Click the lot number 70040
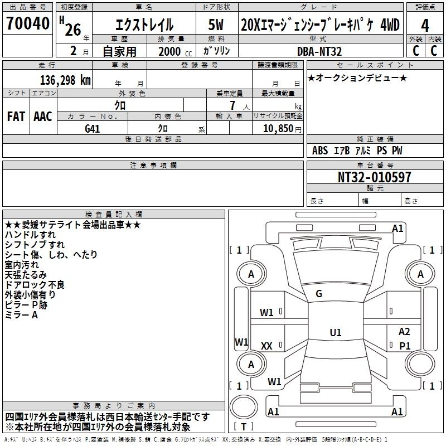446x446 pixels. click(27, 23)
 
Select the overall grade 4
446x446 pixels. click(425, 26)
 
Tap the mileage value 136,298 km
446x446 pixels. click(65, 80)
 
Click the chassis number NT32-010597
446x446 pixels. click(374, 177)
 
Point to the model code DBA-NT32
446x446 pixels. click(319, 51)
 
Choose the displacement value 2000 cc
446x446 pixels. click(175, 51)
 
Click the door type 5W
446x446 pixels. click(216, 25)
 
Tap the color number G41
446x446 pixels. click(93, 129)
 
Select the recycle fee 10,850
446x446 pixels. click(278, 129)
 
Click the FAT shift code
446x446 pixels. click(16, 117)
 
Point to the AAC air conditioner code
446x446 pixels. click(43, 117)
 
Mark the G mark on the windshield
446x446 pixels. click(319, 294)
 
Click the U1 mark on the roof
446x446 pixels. click(336, 332)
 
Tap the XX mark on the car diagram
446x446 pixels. click(266, 346)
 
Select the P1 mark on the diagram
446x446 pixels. click(405, 346)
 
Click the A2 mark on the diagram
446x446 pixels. click(404, 331)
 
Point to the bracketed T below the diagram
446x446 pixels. click(244, 426)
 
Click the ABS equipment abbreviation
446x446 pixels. click(320, 151)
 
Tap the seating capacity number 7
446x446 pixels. click(232, 105)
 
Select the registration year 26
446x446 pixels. click(73, 30)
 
